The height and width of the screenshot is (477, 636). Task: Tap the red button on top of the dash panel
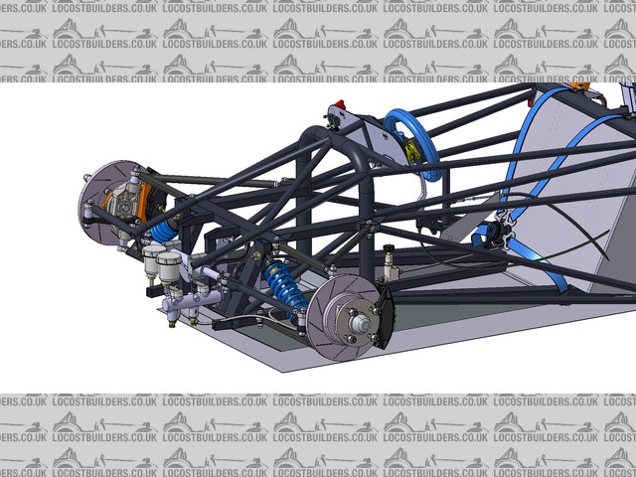(x=340, y=104)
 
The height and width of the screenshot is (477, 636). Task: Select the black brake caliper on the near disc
(x=385, y=317)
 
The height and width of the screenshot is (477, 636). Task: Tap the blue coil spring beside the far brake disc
(x=164, y=232)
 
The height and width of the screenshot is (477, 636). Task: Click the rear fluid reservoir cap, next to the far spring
(x=154, y=251)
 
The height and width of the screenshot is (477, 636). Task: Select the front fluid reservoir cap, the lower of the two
(x=169, y=258)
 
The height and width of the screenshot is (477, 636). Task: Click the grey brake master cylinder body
(x=192, y=301)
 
